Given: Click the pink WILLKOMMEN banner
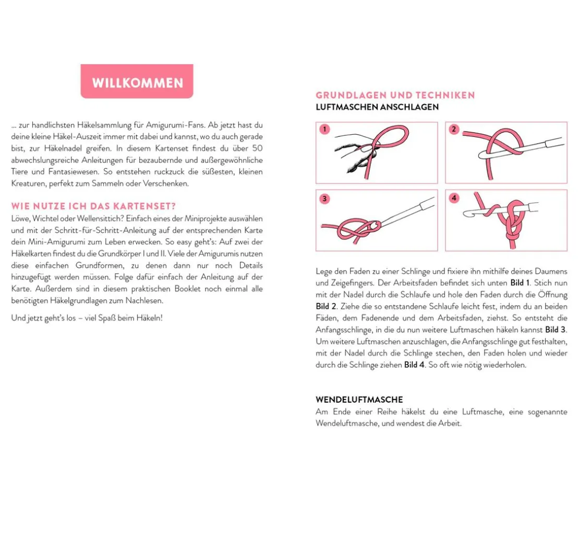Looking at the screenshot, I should (137, 82).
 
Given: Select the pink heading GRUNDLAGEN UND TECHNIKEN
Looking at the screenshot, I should (395, 95).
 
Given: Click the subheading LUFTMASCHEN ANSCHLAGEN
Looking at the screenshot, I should (377, 107).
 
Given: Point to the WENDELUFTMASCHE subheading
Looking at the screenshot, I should (359, 400).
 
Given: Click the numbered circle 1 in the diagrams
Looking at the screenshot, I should (324, 130).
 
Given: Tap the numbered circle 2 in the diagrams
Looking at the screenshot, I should (454, 130).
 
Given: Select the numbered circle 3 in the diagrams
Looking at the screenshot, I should (324, 198).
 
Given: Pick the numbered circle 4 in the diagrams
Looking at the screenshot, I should (454, 198).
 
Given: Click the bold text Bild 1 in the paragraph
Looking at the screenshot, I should (520, 283).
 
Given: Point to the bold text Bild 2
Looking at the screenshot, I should (325, 307).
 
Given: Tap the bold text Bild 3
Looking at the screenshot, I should (555, 330).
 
